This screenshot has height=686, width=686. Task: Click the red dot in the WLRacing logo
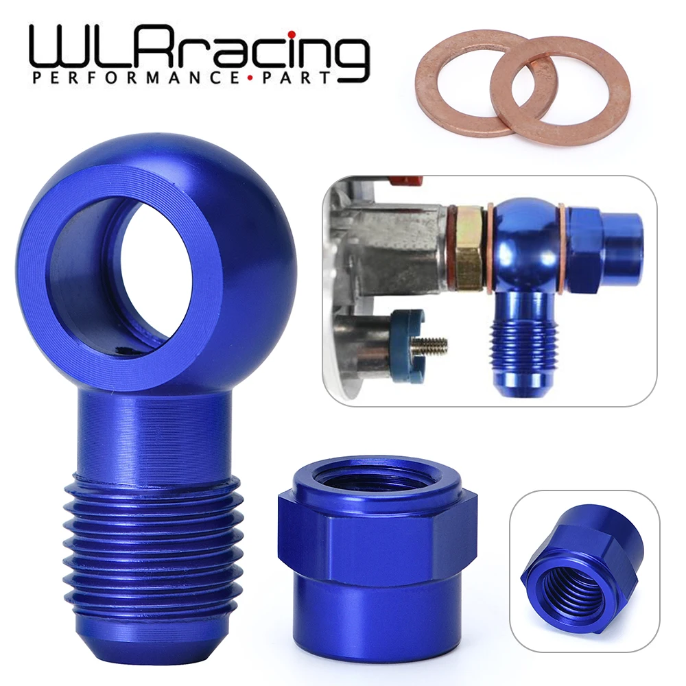point(292,34)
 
